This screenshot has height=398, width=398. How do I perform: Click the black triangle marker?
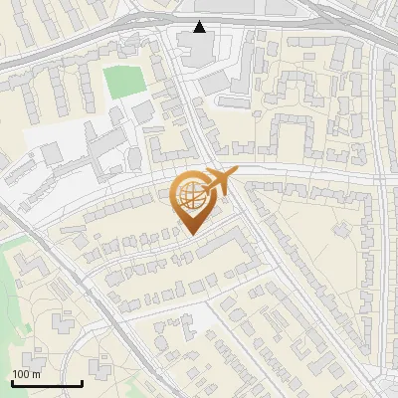click(x=200, y=27)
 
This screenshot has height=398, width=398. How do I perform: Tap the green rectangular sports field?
click(x=125, y=83)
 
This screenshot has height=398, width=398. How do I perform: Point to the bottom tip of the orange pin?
click(x=190, y=235)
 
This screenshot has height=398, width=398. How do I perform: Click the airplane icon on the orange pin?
click(x=217, y=182)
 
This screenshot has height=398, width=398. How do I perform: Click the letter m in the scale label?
click(x=36, y=374)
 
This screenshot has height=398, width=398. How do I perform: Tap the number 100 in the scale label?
click(x=21, y=374)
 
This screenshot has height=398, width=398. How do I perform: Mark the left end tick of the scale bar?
click(x=12, y=383)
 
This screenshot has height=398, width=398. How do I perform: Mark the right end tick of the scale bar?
click(x=82, y=383)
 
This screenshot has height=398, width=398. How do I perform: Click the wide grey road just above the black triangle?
click(x=199, y=15)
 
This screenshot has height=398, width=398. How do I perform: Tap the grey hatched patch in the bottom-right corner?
click(x=384, y=384)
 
